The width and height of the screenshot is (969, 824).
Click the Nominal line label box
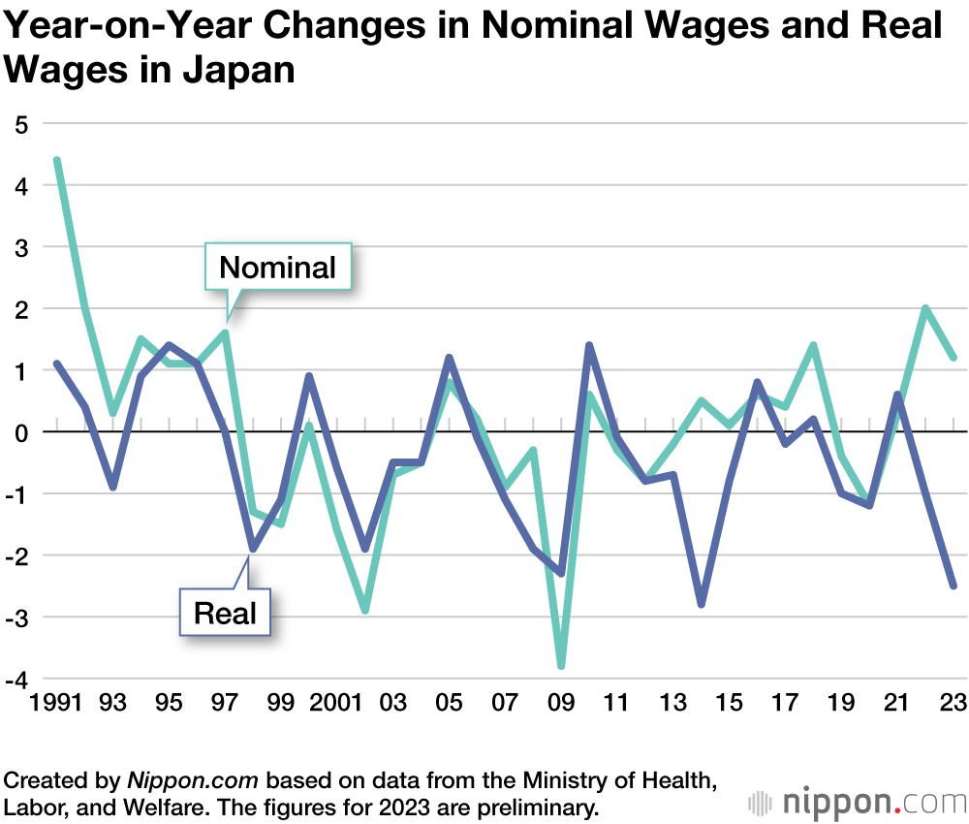[278, 267]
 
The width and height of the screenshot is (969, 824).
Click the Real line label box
[225, 613]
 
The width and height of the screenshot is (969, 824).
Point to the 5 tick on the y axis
[20, 124]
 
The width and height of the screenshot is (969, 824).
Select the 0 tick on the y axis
[20, 432]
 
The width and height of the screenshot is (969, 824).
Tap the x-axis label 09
[561, 703]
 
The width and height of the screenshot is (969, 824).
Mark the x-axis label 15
[729, 703]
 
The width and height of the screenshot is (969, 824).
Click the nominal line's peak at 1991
[57, 160]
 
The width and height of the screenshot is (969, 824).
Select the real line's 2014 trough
[701, 605]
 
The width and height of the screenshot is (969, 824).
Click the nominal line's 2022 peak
[925, 308]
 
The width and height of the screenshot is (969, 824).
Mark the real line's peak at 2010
[589, 345]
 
